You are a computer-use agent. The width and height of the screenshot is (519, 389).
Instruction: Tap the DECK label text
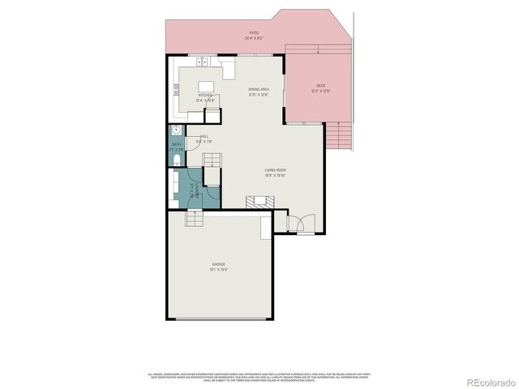(321, 86)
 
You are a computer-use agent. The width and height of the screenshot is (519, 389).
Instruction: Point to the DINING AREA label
(259, 89)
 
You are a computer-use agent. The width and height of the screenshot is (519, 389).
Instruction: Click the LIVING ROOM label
(276, 170)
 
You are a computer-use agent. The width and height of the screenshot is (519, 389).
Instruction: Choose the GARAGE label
(219, 264)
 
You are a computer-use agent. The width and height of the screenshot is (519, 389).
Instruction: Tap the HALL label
(205, 137)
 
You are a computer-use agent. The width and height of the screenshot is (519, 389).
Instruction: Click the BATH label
(175, 145)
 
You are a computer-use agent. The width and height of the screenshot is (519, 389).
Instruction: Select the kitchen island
(207, 86)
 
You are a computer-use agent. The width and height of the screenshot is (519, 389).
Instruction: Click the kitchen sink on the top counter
(202, 62)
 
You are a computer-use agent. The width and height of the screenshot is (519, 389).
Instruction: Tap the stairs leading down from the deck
(342, 135)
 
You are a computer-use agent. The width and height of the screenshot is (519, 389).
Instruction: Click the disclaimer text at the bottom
(259, 376)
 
